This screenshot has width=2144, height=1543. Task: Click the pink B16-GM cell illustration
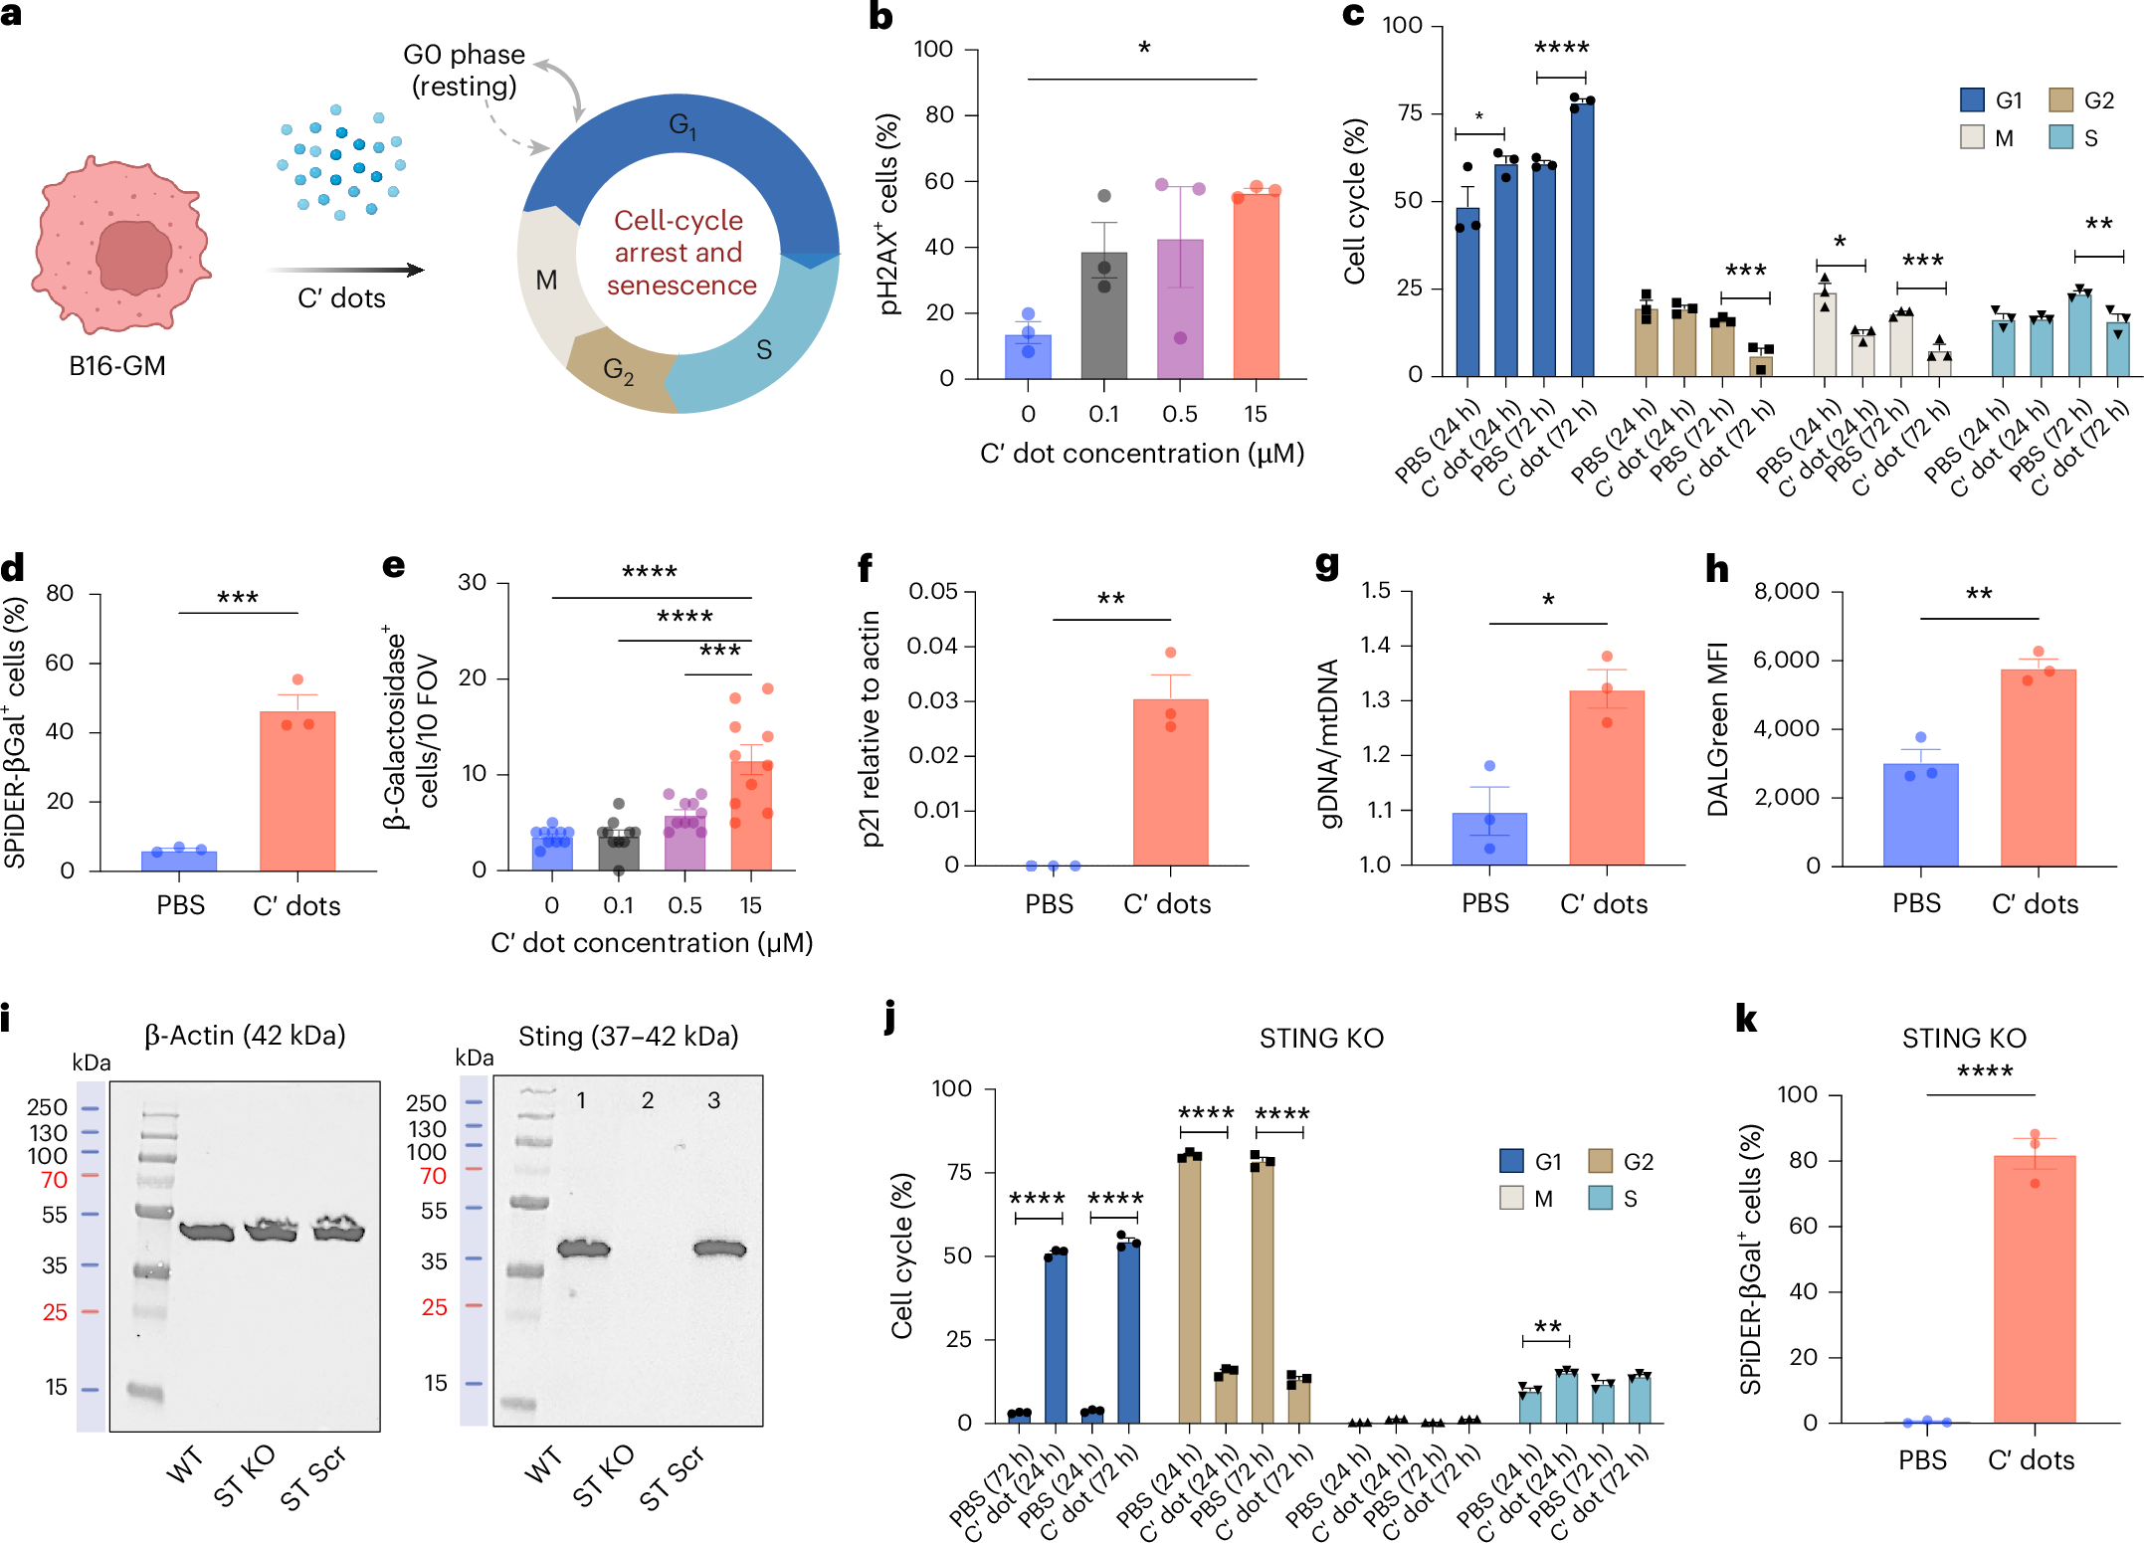tap(119, 244)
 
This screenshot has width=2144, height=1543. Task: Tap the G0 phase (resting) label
tap(464, 70)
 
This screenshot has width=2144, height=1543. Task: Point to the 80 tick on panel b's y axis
tap(939, 115)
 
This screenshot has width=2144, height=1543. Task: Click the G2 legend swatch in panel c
tap(2060, 100)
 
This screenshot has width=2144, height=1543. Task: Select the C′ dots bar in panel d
tap(296, 791)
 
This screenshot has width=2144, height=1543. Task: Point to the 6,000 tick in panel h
tap(1787, 660)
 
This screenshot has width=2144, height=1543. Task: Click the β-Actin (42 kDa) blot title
tap(245, 1036)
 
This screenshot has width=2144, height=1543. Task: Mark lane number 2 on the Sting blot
tap(648, 1100)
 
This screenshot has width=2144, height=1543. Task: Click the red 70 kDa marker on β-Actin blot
tap(55, 1180)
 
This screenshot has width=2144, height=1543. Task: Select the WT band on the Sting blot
tap(583, 1249)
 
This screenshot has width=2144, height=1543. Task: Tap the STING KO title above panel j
tap(1321, 1039)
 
